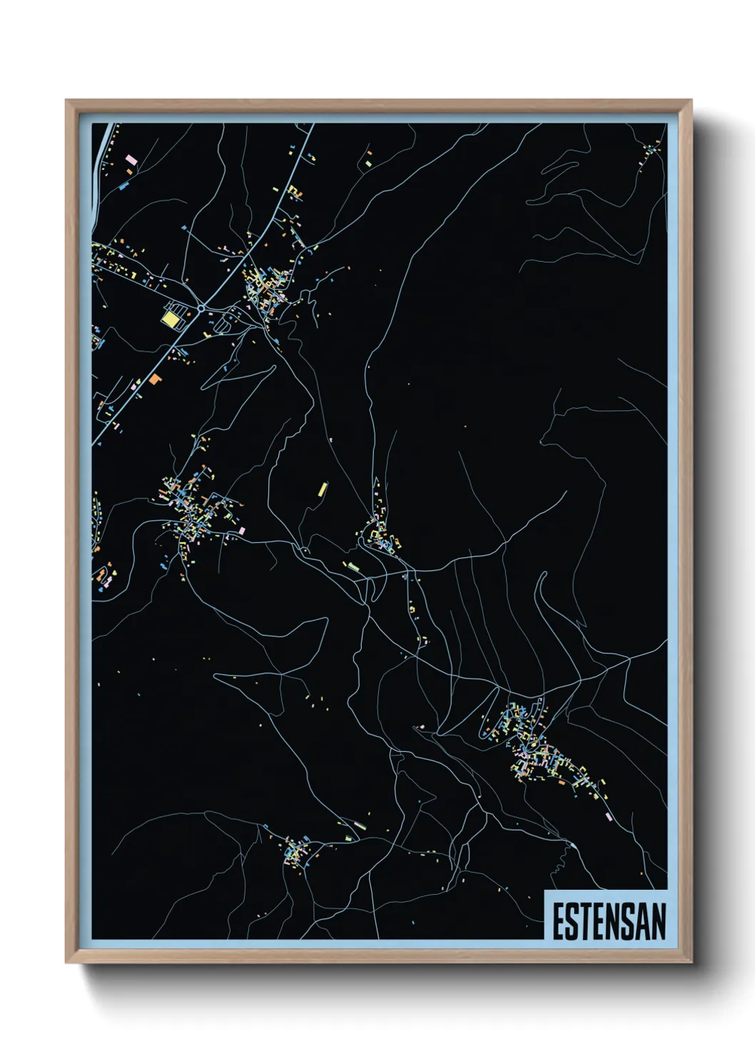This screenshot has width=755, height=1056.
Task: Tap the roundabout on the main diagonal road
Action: point(202,309)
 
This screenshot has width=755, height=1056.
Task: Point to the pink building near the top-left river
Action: point(131,158)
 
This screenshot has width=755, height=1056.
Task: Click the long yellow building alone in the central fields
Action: point(323,489)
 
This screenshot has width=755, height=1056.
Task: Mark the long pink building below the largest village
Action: point(608,816)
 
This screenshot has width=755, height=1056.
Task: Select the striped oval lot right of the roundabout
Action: point(222,325)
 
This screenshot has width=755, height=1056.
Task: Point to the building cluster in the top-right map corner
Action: point(650,153)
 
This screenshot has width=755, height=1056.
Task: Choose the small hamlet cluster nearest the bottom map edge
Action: point(294,852)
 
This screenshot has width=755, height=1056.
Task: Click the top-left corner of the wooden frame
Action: point(67,101)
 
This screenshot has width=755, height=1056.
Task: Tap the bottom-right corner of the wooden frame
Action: point(691,962)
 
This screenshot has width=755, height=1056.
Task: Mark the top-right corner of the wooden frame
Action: point(691,101)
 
